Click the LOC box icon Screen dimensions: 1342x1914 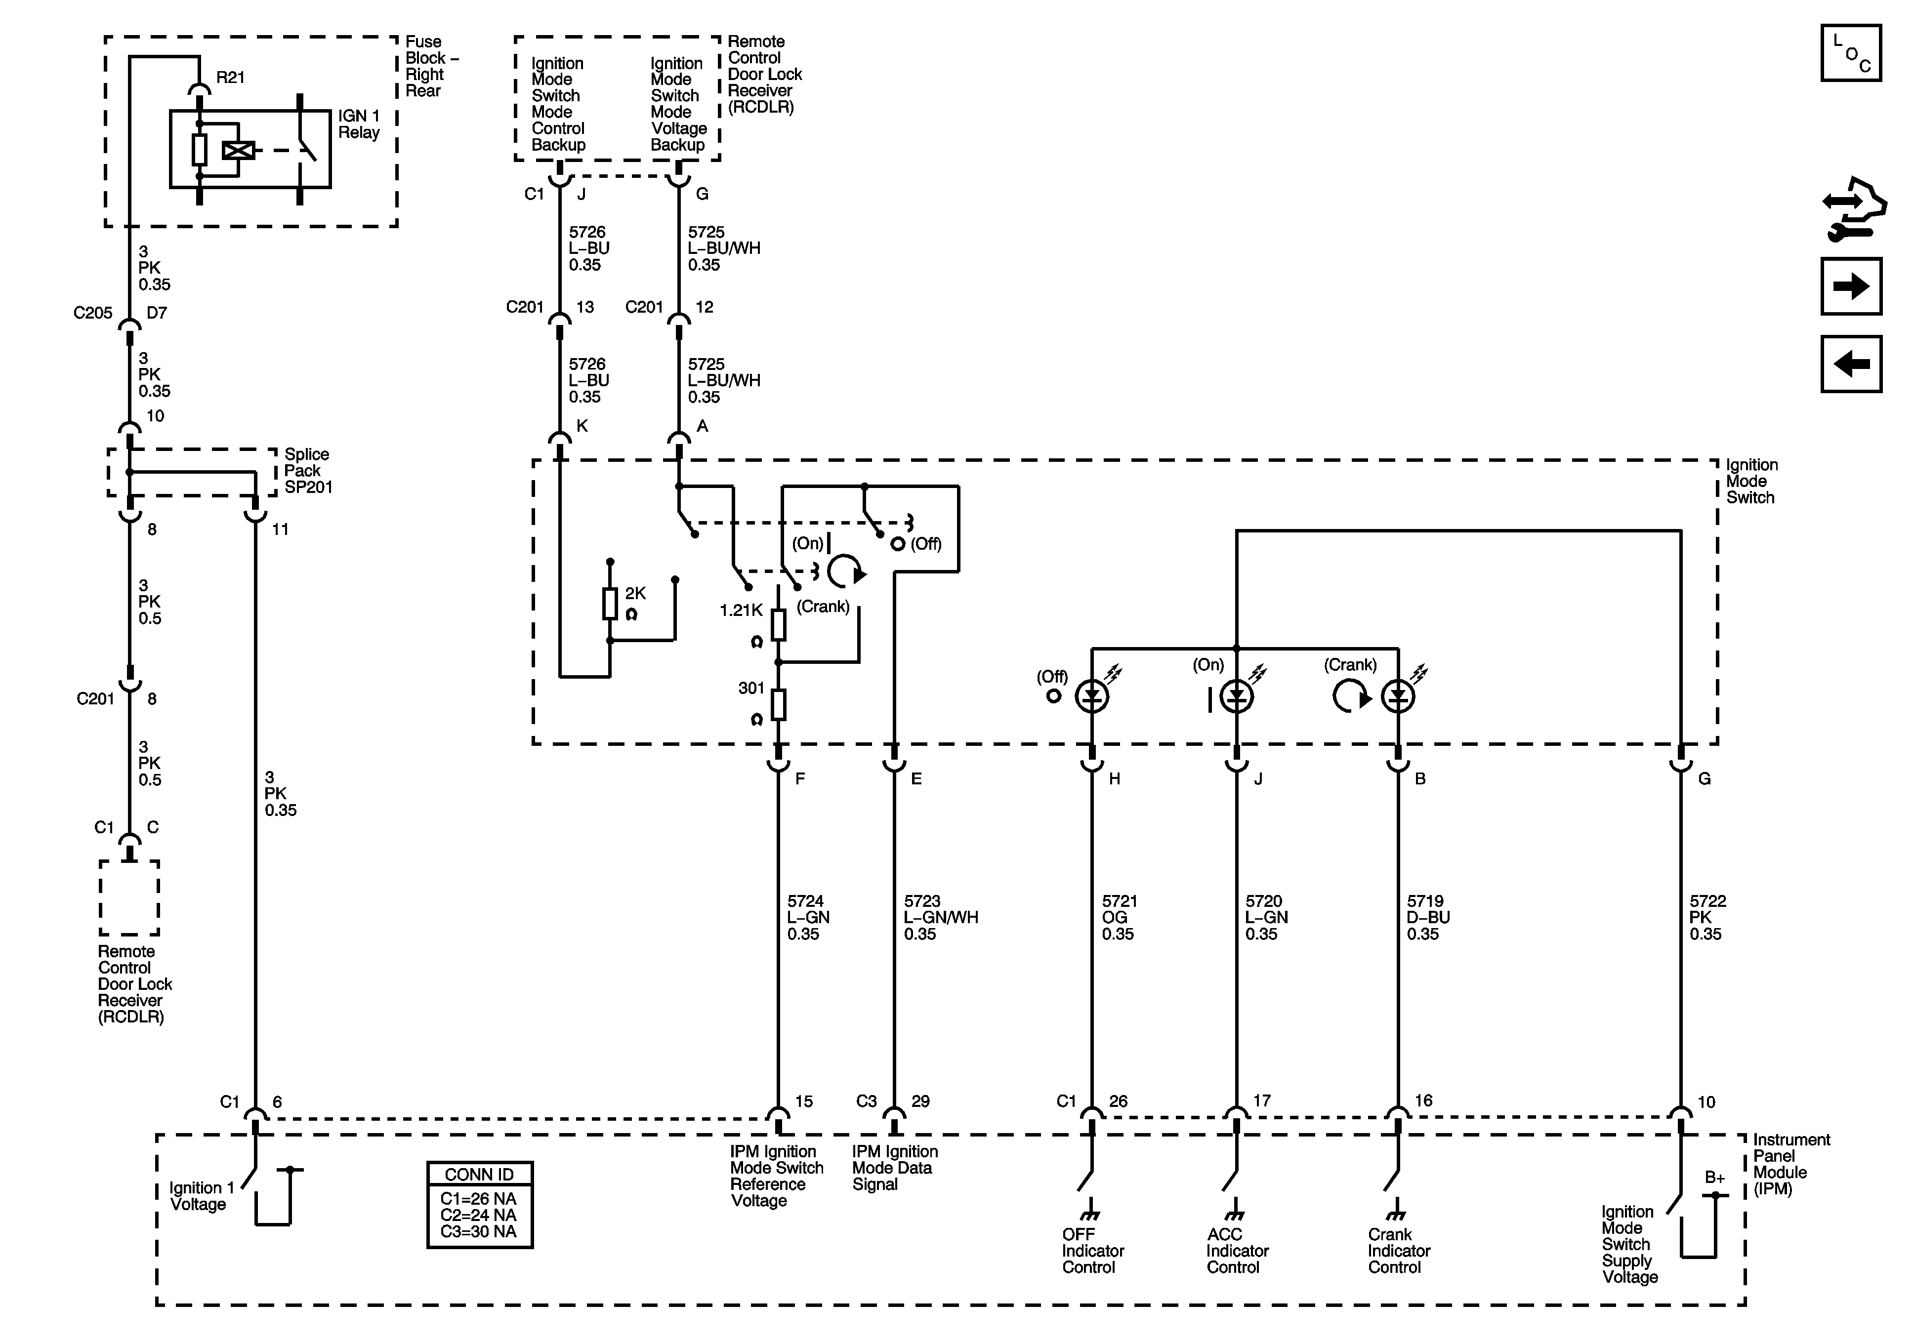click(x=1851, y=53)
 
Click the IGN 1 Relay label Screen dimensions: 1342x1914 click(x=359, y=124)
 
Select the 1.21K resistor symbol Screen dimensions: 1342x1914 click(x=778, y=623)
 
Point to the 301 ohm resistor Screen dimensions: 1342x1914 click(x=778, y=704)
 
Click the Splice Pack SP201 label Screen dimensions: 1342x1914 click(x=307, y=471)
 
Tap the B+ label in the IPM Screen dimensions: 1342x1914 click(x=1715, y=1178)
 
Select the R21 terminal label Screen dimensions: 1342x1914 click(x=230, y=78)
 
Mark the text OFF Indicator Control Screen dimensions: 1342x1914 click(x=1092, y=1250)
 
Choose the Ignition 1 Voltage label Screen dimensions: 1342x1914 click(x=198, y=1196)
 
